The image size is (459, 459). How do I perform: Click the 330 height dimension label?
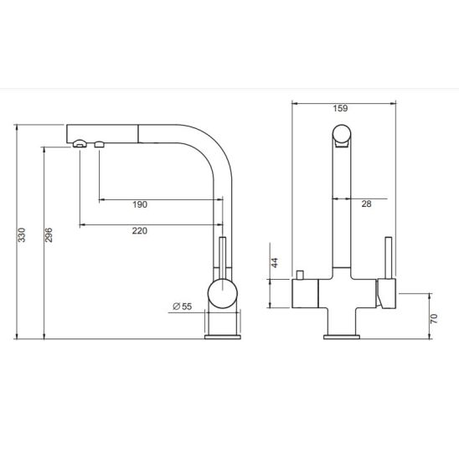22,235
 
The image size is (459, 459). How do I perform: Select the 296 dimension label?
49,235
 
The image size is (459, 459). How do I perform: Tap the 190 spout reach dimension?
140,204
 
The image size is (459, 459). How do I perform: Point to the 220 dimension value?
140,230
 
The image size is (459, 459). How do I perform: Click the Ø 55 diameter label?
183,307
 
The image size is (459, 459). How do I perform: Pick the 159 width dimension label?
340,108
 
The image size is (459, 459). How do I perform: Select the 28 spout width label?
366,204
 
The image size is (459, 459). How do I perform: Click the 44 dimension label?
275,262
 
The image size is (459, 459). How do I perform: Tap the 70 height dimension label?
434,318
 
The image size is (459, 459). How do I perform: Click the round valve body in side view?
223,294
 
